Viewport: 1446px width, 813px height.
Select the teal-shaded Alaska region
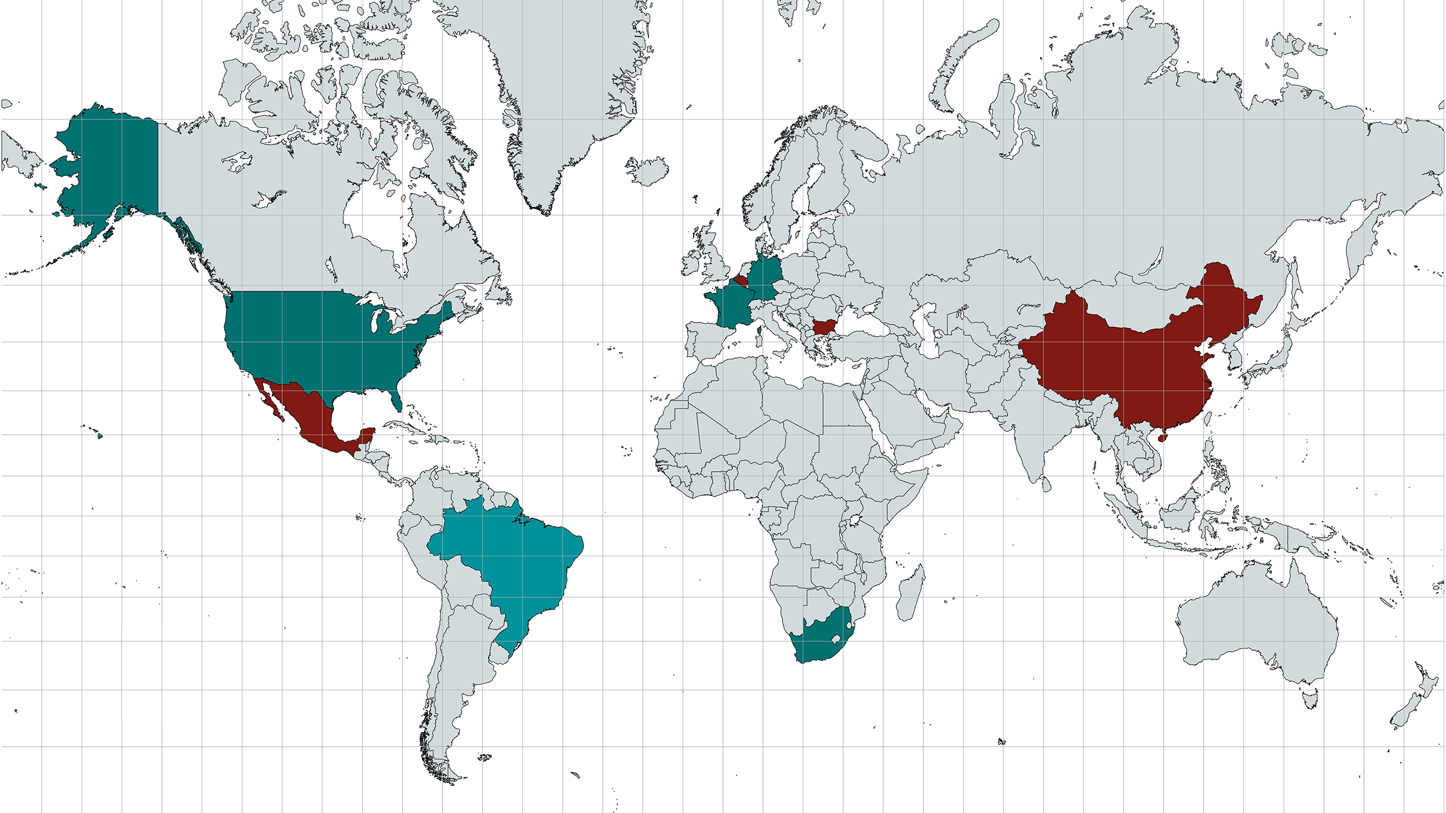coord(110,168)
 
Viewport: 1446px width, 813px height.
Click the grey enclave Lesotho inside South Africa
coord(835,639)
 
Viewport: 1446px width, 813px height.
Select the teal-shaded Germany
coord(765,278)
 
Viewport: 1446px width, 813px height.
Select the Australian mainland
coord(1261,624)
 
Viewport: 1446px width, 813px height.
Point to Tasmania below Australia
coord(1311,698)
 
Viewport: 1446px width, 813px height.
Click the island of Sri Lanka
coord(1046,485)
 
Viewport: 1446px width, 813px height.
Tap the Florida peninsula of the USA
coord(396,399)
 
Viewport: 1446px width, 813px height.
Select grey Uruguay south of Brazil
coord(501,653)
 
